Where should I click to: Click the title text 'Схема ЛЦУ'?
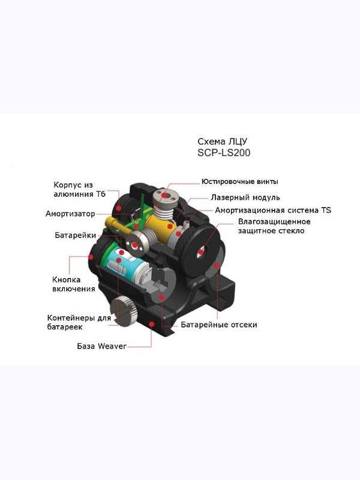pyautogui.click(x=222, y=142)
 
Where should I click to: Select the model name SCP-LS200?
pyautogui.click(x=224, y=152)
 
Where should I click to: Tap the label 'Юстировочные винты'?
pyautogui.click(x=239, y=182)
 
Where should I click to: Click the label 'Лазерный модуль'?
pyautogui.click(x=245, y=197)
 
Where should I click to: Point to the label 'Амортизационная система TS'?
pyautogui.click(x=273, y=211)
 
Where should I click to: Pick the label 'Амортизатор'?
pyautogui.click(x=70, y=214)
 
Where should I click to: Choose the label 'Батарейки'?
pyautogui.click(x=76, y=235)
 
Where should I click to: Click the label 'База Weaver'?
pyautogui.click(x=101, y=346)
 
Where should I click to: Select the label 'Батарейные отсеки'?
pyautogui.click(x=219, y=325)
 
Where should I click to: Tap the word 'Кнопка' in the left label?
pyautogui.click(x=67, y=280)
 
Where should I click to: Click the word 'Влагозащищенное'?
pyautogui.click(x=274, y=221)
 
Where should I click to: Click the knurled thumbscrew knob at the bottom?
pyautogui.click(x=123, y=311)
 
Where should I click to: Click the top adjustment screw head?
pyautogui.click(x=164, y=196)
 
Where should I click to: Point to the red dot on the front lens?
pyautogui.click(x=200, y=253)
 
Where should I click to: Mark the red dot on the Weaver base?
pyautogui.click(x=151, y=324)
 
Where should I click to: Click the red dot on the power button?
pyautogui.click(x=91, y=257)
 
